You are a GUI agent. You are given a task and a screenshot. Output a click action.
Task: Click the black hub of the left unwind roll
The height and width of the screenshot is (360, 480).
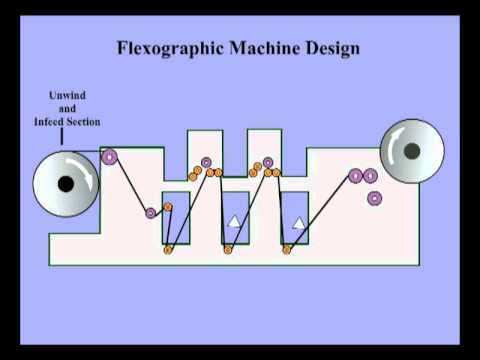[65, 184]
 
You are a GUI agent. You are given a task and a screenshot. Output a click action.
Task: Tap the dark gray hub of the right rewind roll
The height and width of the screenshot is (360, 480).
[411, 151]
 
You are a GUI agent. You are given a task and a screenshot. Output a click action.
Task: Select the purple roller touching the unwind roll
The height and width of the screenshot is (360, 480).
[110, 156]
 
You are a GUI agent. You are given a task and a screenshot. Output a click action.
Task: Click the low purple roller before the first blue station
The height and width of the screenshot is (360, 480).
[151, 212]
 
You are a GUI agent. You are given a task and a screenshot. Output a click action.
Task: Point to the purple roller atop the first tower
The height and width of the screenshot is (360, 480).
[207, 161]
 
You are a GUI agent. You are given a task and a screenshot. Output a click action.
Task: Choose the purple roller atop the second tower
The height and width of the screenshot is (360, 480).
[267, 161]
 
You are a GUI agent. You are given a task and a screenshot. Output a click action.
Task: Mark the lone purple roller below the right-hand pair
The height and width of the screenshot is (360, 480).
[374, 198]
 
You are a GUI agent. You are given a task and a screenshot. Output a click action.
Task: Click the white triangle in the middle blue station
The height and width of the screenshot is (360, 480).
[234, 221]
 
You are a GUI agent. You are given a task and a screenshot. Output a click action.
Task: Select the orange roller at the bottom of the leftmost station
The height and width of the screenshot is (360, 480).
[168, 249]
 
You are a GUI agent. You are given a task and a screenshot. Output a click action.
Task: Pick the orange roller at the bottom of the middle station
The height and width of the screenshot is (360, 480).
[229, 249]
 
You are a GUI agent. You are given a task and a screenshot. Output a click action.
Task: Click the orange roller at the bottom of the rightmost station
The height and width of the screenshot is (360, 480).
[287, 249]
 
